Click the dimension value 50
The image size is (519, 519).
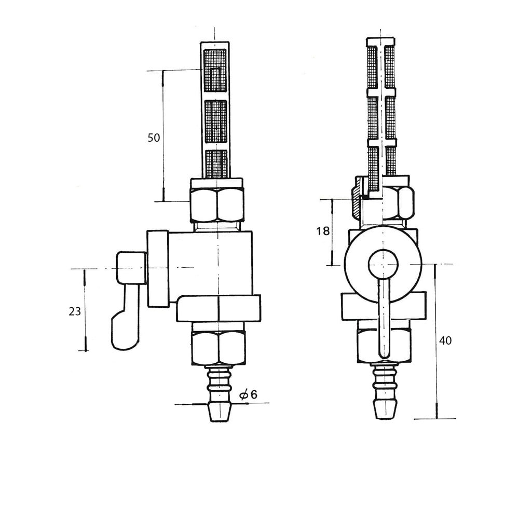(x=154, y=138)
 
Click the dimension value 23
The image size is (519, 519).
(x=75, y=311)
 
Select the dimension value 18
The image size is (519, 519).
(x=323, y=231)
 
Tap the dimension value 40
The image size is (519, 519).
(x=445, y=340)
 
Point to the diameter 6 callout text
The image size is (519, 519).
(x=249, y=394)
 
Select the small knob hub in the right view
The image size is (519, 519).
(x=384, y=265)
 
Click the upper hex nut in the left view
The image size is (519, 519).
(x=217, y=204)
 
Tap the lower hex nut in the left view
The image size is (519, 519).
(x=218, y=348)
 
